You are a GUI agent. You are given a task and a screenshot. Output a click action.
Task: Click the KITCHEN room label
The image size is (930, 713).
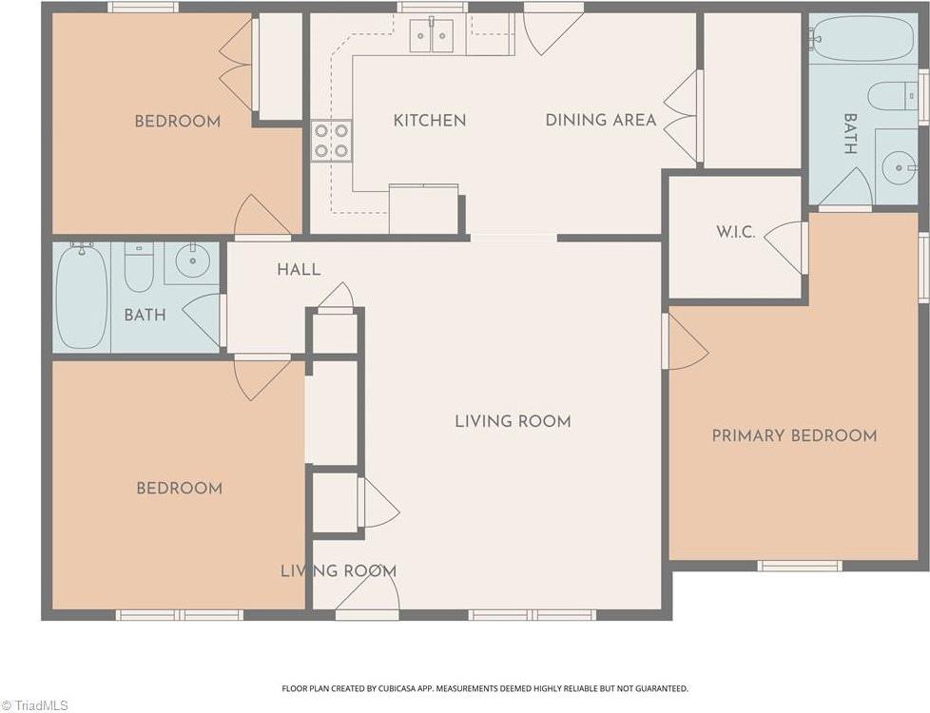430,121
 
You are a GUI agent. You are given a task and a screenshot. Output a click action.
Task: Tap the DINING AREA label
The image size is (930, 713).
601,120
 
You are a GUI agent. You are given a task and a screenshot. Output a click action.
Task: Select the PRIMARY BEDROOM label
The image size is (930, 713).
794,436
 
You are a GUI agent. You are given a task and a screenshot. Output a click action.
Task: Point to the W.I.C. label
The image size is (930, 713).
735,232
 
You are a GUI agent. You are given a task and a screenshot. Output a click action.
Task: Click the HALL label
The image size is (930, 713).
299,270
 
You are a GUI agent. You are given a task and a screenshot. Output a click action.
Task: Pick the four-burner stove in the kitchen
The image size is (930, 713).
331,141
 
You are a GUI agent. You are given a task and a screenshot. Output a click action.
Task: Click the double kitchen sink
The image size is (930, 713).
431,35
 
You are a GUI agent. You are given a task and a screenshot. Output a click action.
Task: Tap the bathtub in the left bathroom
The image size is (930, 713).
82,297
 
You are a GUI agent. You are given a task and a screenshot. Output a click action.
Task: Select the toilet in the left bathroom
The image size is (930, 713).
139,267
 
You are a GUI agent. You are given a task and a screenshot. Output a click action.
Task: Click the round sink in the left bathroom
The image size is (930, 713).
192,260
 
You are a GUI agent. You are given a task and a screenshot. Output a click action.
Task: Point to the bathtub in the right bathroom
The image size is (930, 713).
862,39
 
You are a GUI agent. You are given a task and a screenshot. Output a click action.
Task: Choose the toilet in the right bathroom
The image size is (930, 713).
893,96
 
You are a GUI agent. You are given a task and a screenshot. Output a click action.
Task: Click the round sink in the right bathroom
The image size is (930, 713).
899,168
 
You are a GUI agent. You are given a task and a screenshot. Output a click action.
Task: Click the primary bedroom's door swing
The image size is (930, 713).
688,342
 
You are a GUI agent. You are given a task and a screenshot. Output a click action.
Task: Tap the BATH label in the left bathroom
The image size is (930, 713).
145,315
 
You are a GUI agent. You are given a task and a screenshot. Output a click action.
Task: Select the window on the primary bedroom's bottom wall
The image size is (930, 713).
800,566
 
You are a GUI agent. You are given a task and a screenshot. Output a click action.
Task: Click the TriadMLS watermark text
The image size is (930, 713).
34,705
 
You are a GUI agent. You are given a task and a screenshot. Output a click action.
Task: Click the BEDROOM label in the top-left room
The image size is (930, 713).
177,122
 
